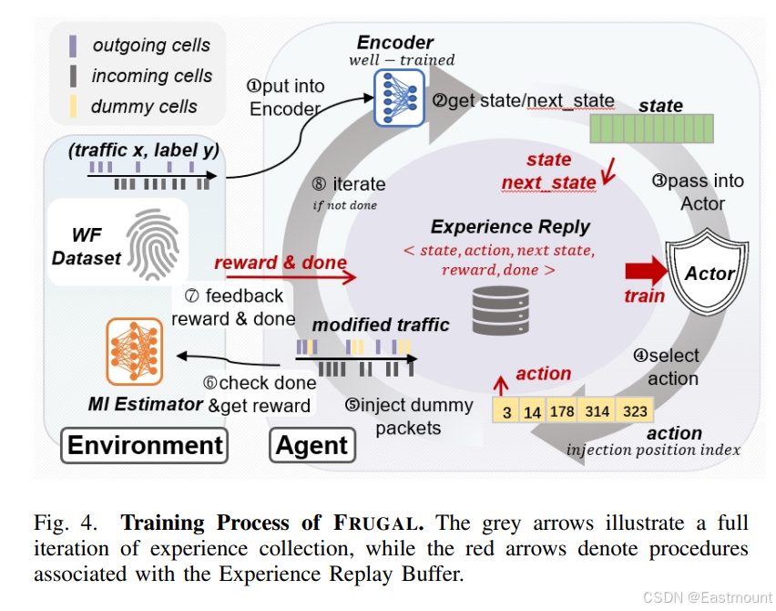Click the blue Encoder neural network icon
point(399,98)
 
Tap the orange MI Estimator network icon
point(134,351)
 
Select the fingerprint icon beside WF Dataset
point(152,243)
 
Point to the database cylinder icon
point(500,311)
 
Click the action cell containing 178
point(562,410)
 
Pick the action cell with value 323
point(635,410)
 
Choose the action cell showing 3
point(505,410)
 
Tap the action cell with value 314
point(597,410)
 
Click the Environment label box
point(145,445)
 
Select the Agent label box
point(312,445)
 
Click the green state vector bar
point(651,129)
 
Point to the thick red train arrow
point(647,271)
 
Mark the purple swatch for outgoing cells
point(73,47)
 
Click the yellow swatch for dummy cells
point(73,106)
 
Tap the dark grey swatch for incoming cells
point(73,76)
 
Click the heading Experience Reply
point(510,227)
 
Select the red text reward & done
point(281,262)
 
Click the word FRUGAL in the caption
point(379,523)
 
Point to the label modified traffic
point(381,325)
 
